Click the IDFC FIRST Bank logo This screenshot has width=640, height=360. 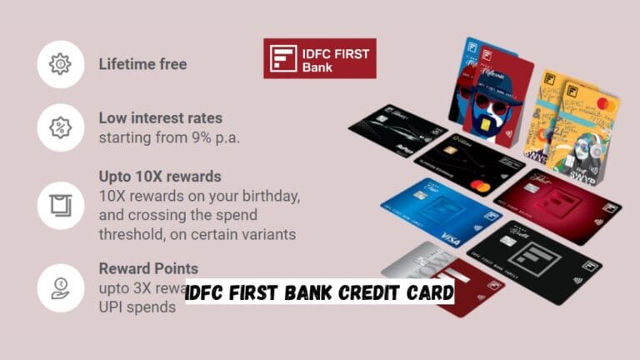(x=319, y=58)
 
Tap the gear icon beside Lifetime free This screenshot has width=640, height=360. (x=61, y=64)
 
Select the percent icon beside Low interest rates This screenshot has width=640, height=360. (x=61, y=127)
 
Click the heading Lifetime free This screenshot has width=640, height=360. (x=142, y=64)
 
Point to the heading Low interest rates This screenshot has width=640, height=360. (x=161, y=117)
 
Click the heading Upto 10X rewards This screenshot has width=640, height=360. (x=160, y=177)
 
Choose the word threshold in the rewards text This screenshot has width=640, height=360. (x=130, y=234)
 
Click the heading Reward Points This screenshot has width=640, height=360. (x=148, y=268)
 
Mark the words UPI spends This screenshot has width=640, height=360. (x=138, y=307)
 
